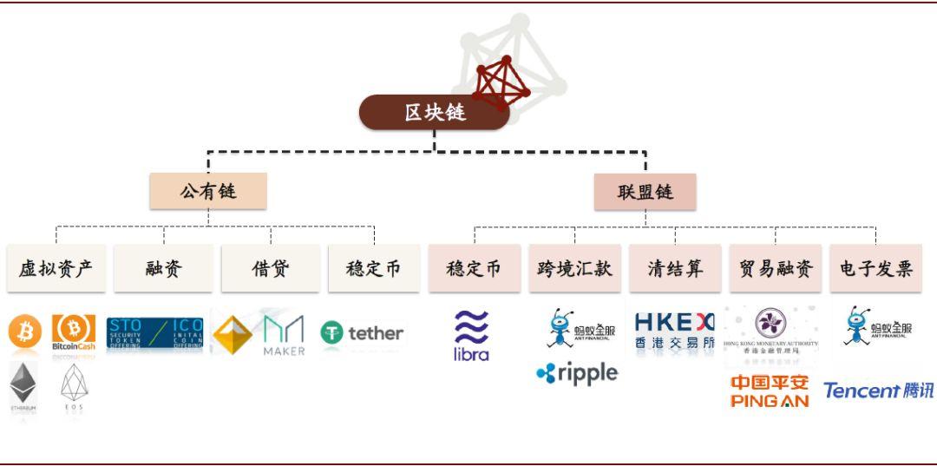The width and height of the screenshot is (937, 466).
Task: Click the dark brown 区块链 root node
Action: pos(434,113)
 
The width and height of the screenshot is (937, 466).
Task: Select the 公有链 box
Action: pos(207,191)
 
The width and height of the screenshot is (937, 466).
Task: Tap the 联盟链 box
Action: pos(645,192)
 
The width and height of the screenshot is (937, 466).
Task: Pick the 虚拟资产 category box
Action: pos(56,269)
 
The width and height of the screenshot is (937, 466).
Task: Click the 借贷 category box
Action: pos(271,269)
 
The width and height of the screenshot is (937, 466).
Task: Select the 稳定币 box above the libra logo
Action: pos(474,269)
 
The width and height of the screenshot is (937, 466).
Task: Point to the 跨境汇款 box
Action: pos(573,269)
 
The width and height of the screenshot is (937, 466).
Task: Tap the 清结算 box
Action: pos(674,269)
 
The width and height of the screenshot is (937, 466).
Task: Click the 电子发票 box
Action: pos(875,269)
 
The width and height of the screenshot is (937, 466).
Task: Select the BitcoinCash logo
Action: pos(74,333)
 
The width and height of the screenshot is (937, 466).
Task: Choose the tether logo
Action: pos(362,332)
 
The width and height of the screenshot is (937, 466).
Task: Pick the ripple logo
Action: pos(577,373)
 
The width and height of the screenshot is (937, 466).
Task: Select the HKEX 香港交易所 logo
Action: pos(674,331)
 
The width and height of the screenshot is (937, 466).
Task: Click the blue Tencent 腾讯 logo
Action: pos(878,391)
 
